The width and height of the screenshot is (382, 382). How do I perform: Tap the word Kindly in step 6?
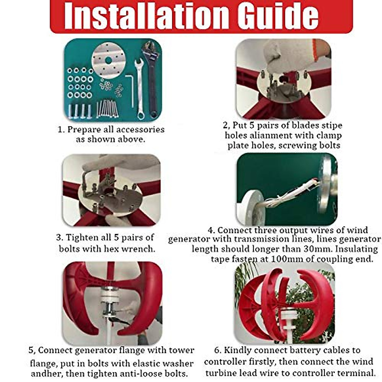237,350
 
